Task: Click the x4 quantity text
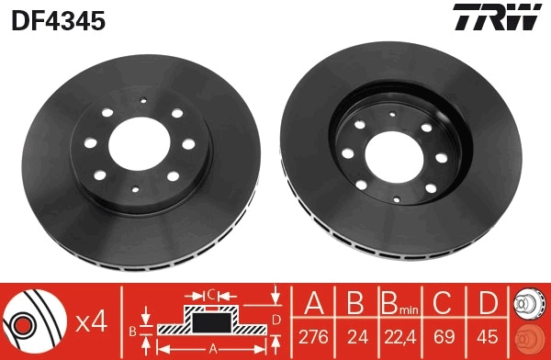(x=93, y=322)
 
